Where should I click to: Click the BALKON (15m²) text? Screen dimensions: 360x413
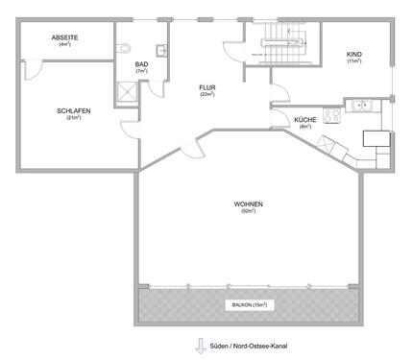pyautogui.click(x=248, y=304)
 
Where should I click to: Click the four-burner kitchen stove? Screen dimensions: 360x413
pyautogui.click(x=332, y=115)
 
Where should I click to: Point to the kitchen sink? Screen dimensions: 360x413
pyautogui.click(x=363, y=106)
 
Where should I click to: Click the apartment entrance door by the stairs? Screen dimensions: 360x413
pyautogui.click(x=233, y=55)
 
